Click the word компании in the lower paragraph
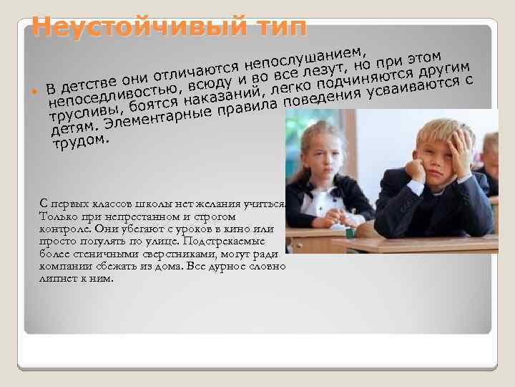64,266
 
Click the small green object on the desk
349,233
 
